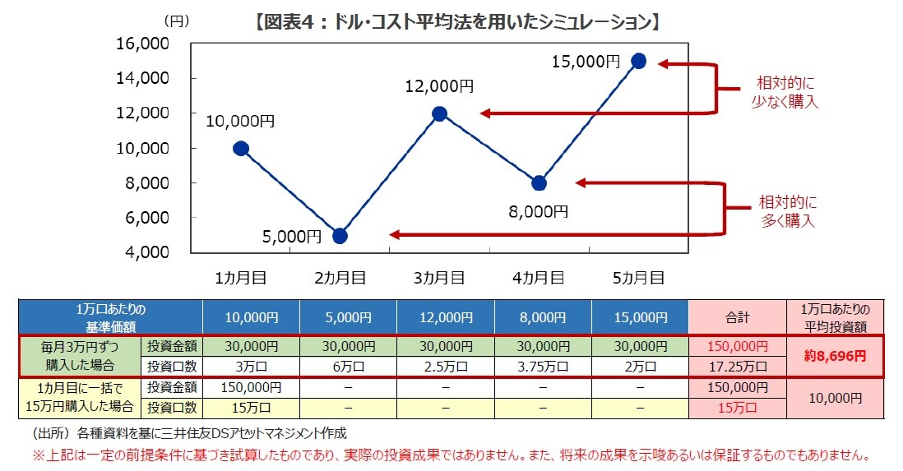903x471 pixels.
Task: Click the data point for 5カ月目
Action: [639, 61]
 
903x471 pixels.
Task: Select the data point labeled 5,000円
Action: [340, 236]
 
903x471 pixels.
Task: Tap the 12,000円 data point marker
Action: [439, 113]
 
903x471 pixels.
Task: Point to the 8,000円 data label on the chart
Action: [539, 211]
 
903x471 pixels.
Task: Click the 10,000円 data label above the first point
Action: [240, 121]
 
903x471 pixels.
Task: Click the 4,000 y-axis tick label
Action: [146, 252]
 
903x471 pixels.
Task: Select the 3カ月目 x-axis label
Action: [439, 278]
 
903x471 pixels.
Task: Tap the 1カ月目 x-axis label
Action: [240, 278]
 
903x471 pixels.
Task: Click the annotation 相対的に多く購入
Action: [787, 211]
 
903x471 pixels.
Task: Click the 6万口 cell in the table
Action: [348, 366]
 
